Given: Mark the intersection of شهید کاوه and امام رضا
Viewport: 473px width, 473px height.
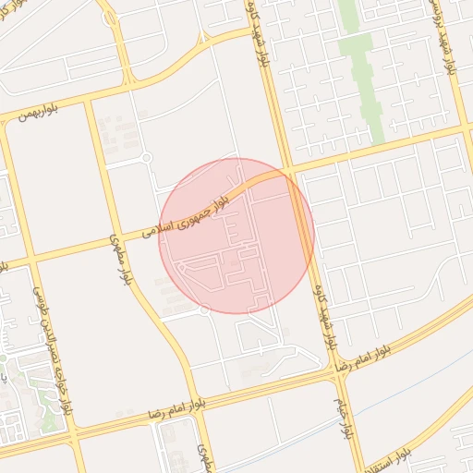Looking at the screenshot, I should pyautogui.click(x=334, y=370).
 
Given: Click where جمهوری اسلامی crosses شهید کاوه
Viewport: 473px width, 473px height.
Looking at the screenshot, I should pyautogui.click(x=290, y=172).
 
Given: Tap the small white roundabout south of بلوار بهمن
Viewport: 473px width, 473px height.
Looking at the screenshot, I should pyautogui.click(x=146, y=158).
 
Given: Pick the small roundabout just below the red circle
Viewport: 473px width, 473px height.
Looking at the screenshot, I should pyautogui.click(x=204, y=310).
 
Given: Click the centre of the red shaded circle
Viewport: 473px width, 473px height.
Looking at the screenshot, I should pyautogui.click(x=236, y=236).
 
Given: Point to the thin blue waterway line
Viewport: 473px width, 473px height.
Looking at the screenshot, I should pyautogui.click(x=305, y=431).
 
